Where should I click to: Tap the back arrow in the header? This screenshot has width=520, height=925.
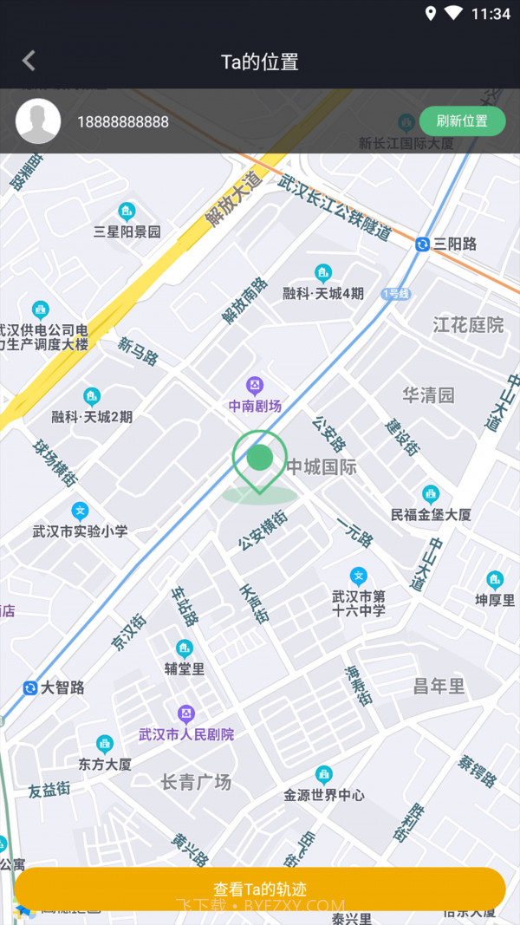29,61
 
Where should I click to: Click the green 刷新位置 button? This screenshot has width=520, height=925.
462,121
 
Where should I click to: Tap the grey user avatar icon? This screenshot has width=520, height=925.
38,121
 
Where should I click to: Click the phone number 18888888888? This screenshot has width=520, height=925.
123,122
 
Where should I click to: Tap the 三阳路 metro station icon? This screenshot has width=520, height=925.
423,244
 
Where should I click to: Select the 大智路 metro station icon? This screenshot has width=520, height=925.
30,687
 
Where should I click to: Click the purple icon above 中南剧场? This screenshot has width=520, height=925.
255,385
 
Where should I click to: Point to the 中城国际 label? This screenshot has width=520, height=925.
322,467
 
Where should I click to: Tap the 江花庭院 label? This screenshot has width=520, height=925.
468,325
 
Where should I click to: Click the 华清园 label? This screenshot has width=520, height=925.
428,395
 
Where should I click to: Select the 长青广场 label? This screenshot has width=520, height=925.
196,782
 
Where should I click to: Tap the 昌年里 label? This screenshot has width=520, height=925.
439,687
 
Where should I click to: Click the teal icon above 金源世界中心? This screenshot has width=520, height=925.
324,774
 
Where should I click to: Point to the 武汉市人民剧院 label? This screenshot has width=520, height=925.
186,734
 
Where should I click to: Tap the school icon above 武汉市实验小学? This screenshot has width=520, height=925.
80,511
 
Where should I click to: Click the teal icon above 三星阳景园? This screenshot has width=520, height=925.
127,212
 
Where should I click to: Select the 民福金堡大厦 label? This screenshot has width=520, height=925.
431,514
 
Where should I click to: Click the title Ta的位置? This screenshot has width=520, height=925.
260,62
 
